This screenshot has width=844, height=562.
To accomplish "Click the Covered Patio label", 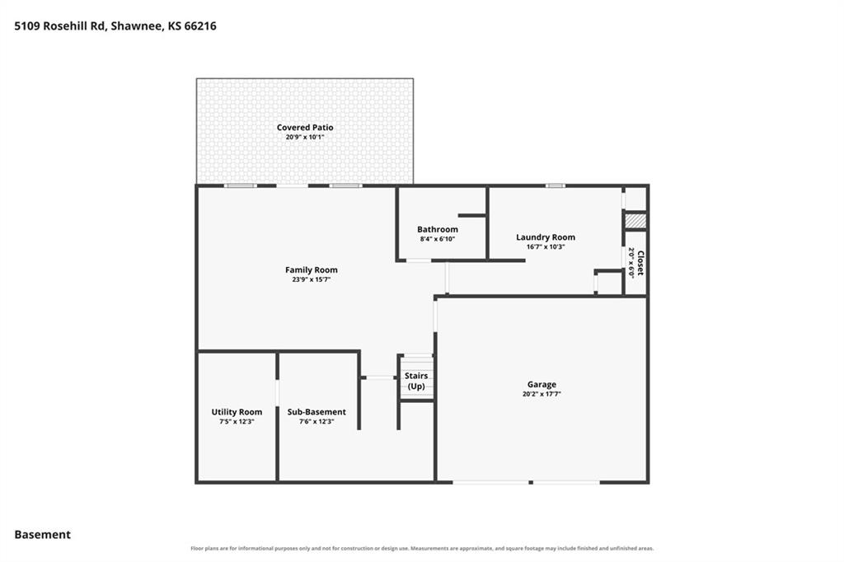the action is tap(305, 128).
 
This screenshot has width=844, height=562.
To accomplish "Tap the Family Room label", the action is tap(311, 270).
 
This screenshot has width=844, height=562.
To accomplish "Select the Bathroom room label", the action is tap(438, 229).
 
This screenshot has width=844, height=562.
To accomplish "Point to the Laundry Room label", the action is tap(546, 237).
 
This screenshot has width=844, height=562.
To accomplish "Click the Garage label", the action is tap(542, 384).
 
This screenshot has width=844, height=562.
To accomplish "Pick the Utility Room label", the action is tap(237, 412).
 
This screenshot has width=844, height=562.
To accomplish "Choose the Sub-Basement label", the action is tap(316, 412).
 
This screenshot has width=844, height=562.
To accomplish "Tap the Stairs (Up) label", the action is tap(416, 381).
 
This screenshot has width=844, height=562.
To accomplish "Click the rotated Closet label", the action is tap(640, 263).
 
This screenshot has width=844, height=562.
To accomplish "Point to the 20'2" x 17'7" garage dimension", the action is tap(542, 394).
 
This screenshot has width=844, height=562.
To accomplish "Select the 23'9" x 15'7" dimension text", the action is tap(311, 280).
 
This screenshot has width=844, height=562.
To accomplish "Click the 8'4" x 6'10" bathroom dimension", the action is tap(438, 239).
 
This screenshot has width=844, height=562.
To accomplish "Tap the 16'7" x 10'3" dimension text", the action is tap(546, 247).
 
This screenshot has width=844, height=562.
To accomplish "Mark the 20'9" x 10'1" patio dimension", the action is tap(305, 138).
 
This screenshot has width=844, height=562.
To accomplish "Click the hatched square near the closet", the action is tap(635, 221).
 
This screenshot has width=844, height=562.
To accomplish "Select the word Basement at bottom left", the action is tap(43, 535).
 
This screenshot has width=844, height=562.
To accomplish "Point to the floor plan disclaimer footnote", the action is tap(422, 549).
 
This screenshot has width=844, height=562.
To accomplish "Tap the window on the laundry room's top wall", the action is tap(555, 185).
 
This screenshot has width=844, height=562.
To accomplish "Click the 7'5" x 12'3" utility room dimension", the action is tap(237, 422).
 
